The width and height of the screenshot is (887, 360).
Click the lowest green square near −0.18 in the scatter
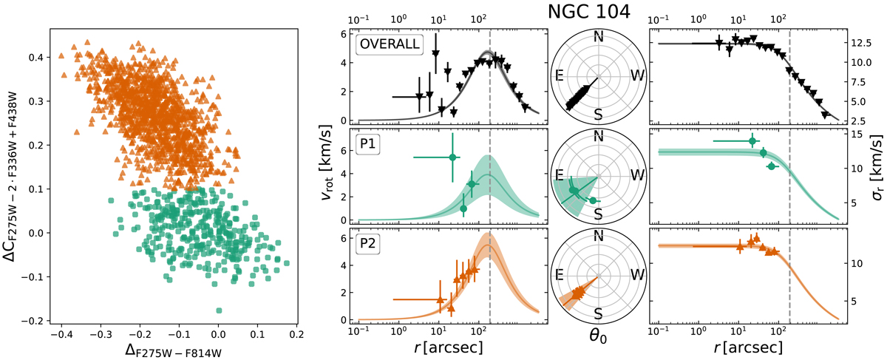(219, 310)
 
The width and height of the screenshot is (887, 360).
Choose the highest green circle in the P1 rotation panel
(452, 157)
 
